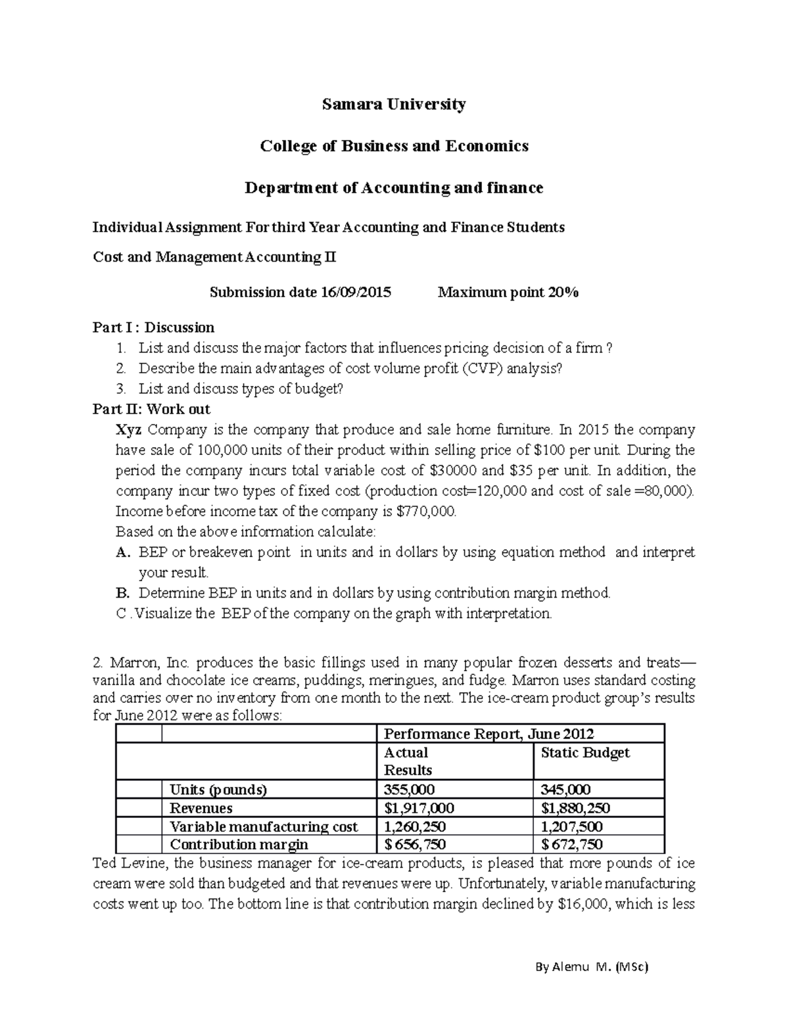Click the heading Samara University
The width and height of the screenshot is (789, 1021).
pyautogui.click(x=394, y=105)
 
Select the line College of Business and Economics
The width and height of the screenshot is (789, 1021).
pyautogui.click(x=394, y=146)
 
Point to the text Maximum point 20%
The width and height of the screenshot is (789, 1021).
pyautogui.click(x=508, y=293)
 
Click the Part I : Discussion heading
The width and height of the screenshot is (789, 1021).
pyautogui.click(x=153, y=327)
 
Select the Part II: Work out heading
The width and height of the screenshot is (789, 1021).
pyautogui.click(x=151, y=409)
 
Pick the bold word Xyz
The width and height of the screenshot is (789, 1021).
pyautogui.click(x=129, y=430)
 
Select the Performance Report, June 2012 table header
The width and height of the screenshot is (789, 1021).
pyautogui.click(x=489, y=734)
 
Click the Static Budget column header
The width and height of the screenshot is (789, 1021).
pyautogui.click(x=585, y=753)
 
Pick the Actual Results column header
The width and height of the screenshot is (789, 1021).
pyautogui.click(x=408, y=761)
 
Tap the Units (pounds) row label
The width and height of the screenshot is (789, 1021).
pyautogui.click(x=218, y=790)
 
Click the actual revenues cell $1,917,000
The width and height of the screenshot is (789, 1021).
pyautogui.click(x=419, y=808)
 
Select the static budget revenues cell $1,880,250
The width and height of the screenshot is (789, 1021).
pyautogui.click(x=575, y=808)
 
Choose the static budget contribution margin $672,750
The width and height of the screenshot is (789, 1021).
pyautogui.click(x=571, y=844)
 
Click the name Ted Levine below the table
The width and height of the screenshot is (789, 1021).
pyautogui.click(x=129, y=863)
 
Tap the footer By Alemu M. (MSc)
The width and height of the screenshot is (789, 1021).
pyautogui.click(x=592, y=967)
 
